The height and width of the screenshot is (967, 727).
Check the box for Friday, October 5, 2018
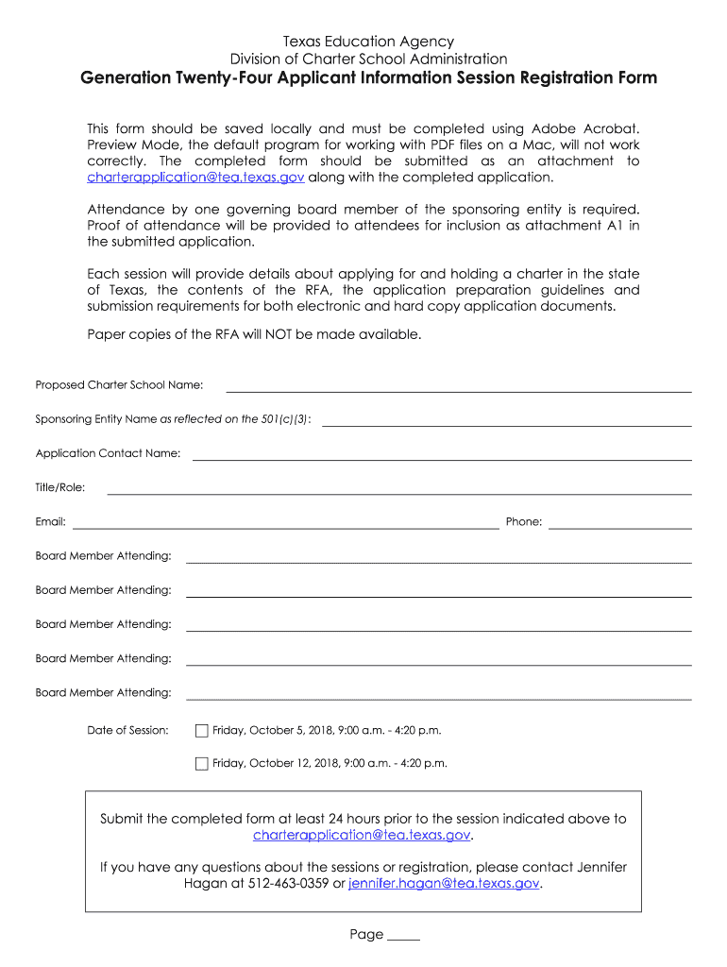201,731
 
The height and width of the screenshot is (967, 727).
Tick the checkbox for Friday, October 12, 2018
201,764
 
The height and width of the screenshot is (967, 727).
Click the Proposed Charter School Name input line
458,386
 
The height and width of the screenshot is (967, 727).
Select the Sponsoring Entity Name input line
506,420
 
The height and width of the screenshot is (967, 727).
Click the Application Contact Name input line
442,454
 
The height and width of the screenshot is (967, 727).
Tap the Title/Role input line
398,488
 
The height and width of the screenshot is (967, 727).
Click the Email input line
285,523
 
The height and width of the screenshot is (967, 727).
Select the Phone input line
619,523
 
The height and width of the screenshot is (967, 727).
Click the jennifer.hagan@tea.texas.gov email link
444,884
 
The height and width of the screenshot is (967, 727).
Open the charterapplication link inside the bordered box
362,836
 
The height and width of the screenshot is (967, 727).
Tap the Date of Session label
127,730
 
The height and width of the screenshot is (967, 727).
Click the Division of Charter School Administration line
369,59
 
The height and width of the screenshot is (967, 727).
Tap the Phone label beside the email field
524,522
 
